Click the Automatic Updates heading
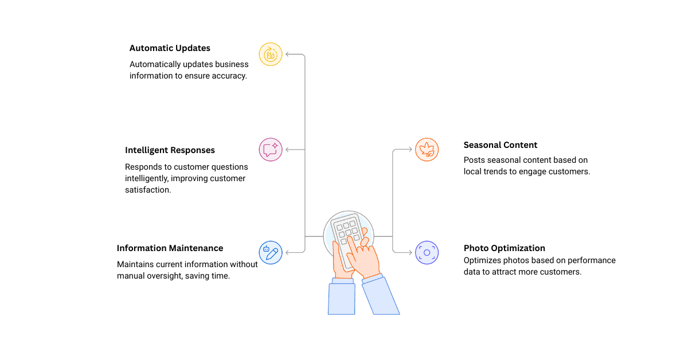pos(170,48)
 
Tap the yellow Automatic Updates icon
pos(271,54)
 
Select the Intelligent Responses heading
pos(170,150)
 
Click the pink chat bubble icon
pos(271,150)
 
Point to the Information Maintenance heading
pos(170,248)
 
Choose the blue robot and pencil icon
pos(271,252)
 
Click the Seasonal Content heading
pos(500,145)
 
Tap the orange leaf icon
pos(427,150)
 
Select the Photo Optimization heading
pos(504,248)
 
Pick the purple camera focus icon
pos(427,252)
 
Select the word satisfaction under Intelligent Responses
pos(147,190)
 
